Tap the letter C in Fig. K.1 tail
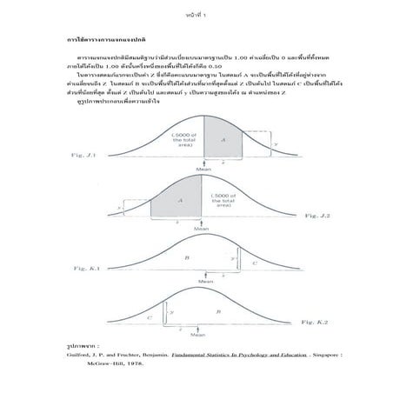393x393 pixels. pyautogui.click(x=254, y=263)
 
